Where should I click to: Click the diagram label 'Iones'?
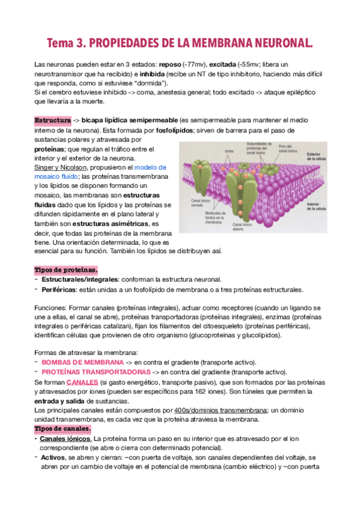coord(229,151)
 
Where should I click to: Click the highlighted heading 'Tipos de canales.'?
coord(63,428)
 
